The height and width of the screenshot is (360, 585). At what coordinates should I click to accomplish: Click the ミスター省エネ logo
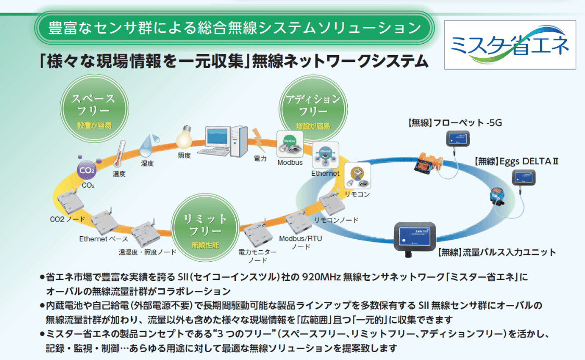tap(510, 45)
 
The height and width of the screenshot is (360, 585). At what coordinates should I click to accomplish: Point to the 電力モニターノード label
tap(257, 255)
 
